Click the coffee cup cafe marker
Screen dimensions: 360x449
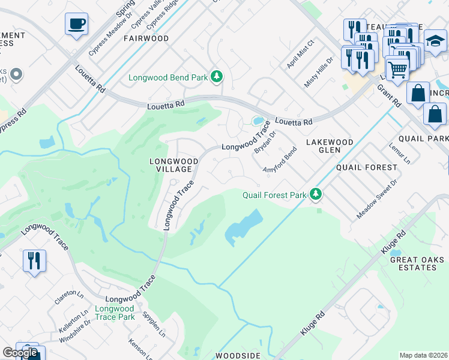[x=76, y=24]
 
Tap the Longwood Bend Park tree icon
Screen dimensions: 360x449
[x=217, y=77]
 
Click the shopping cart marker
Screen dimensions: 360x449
[x=397, y=69]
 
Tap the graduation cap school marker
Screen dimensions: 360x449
[x=435, y=41]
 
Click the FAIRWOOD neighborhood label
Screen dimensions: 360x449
[x=146, y=38]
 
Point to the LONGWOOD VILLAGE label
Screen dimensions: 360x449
[x=173, y=166]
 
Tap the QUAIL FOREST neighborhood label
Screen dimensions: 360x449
[x=367, y=167]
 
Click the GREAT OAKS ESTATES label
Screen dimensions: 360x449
[x=417, y=263]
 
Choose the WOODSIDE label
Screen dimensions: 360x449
[x=238, y=355]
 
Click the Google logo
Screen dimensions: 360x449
[x=20, y=353]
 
